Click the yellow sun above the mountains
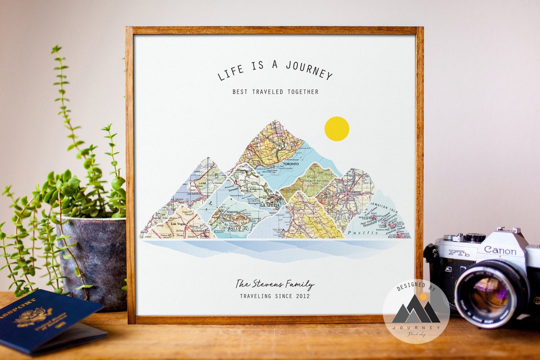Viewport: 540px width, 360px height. pyautogui.click(x=336, y=128)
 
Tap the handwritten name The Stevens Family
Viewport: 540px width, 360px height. pyautogui.click(x=274, y=284)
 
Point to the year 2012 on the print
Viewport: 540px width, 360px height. pyautogui.click(x=301, y=296)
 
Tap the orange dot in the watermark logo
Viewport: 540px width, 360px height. pyautogui.click(x=422, y=296)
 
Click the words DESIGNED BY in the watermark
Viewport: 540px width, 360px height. pyautogui.click(x=415, y=287)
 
